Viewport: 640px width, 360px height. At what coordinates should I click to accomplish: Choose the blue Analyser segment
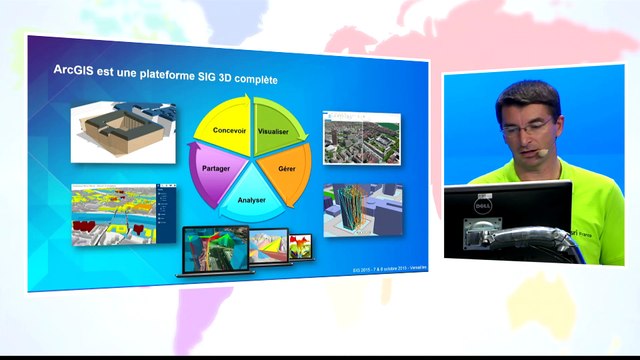251,194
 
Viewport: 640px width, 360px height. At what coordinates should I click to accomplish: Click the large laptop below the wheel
214,249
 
